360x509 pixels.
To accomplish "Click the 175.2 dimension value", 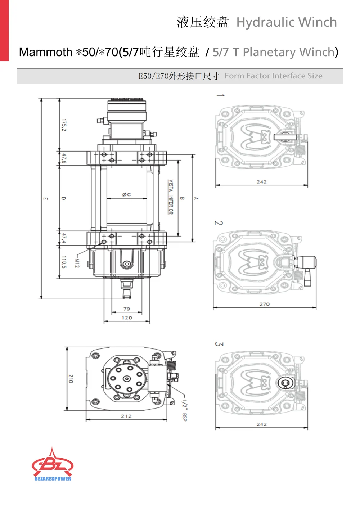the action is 64,125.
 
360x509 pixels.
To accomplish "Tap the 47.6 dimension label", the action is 64,158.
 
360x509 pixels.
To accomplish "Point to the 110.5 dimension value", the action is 64,262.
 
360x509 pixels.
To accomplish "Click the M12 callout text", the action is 77,263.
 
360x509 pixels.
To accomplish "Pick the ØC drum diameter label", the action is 126,194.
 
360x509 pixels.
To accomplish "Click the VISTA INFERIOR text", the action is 170,197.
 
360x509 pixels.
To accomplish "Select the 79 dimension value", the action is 127,309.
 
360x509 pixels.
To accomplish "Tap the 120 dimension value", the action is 127,317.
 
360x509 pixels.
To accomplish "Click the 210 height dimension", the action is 71,379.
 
